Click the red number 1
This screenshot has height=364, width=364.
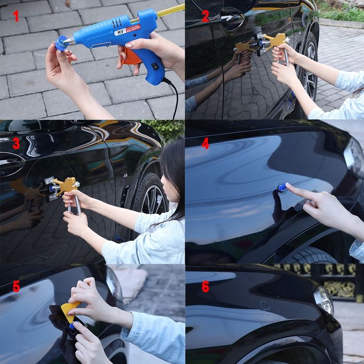(x=16, y=16)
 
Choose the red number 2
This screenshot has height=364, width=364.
(x=205, y=16)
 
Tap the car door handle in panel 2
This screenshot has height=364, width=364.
(x=231, y=18)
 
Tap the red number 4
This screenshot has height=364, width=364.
(x=205, y=143)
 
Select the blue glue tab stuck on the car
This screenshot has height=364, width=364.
(x=281, y=188)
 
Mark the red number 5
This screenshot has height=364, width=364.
(x=16, y=286)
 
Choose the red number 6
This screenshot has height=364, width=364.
(x=205, y=287)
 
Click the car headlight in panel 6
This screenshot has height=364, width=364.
(x=323, y=300)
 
